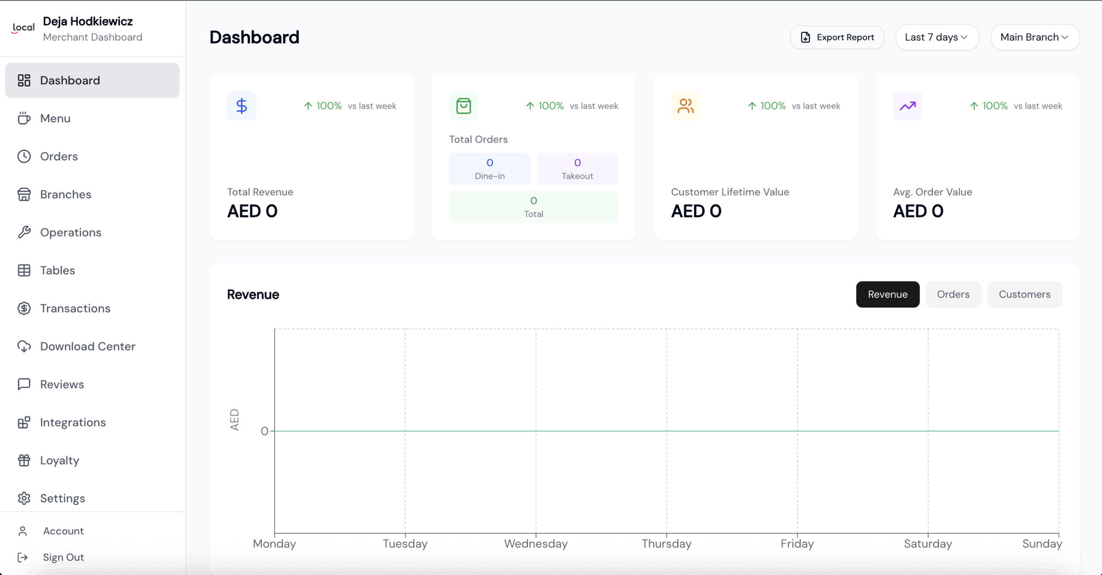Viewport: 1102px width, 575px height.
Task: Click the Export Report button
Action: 837,37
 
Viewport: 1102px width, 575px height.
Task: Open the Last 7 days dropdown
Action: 937,37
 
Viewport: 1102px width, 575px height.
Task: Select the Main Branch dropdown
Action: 1034,37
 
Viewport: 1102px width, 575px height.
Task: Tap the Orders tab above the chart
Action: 953,294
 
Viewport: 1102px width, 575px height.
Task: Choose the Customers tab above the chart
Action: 1025,294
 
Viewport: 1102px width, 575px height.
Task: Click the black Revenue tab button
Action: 888,294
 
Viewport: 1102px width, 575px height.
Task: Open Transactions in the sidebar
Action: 75,308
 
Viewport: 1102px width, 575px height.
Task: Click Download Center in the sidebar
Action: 87,346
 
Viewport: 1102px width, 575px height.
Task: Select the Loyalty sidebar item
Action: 60,460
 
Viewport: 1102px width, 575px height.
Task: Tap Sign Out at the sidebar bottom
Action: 63,557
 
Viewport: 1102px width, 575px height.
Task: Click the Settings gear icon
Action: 24,498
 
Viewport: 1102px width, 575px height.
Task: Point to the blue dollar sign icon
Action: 241,106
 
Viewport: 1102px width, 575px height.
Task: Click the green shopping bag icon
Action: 464,106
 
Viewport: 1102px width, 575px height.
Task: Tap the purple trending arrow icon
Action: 907,106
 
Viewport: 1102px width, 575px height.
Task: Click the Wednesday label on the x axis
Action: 536,544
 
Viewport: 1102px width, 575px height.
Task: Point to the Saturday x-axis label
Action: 928,544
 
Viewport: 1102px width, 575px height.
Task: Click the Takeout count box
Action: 577,169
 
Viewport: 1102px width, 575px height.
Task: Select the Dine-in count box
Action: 490,169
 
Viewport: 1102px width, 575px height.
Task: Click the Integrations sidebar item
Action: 73,423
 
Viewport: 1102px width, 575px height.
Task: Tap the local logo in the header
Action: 23,28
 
